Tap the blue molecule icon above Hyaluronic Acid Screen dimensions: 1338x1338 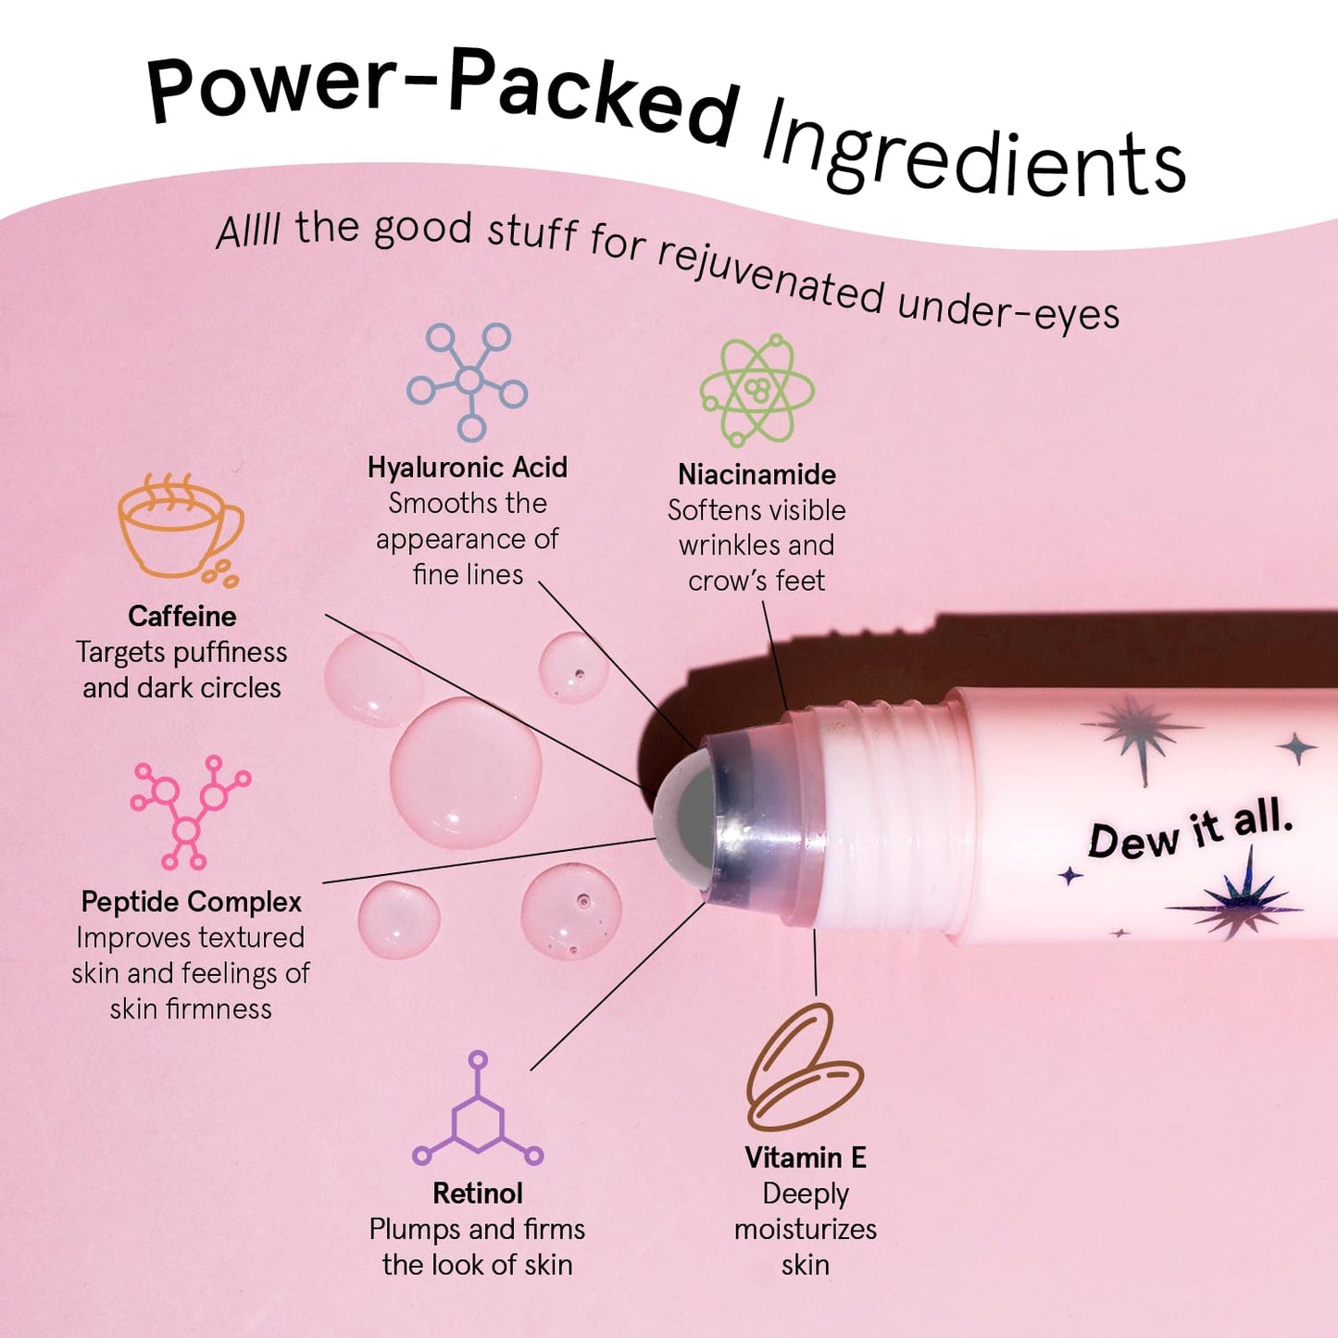pyautogui.click(x=469, y=381)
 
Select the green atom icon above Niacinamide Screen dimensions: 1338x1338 pyautogui.click(x=757, y=390)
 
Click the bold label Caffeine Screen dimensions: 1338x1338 pyautogui.click(x=182, y=617)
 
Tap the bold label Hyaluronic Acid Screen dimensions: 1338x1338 pyautogui.click(x=468, y=468)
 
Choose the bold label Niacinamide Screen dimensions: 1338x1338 pyautogui.click(x=757, y=475)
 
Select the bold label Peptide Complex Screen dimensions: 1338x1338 pyautogui.click(x=192, y=902)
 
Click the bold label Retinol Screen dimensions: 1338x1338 pyautogui.click(x=478, y=1194)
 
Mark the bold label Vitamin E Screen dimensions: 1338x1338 pyautogui.click(x=806, y=1157)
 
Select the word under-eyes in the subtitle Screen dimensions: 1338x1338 pyautogui.click(x=1008, y=308)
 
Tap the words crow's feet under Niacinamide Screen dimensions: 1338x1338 pyautogui.click(x=757, y=581)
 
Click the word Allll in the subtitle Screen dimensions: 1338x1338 pyautogui.click(x=248, y=231)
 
